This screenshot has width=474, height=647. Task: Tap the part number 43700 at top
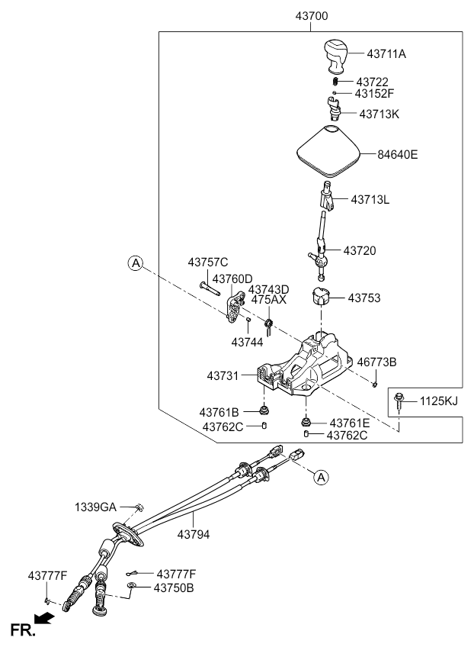(312, 16)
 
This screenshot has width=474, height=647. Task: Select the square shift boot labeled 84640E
(328, 151)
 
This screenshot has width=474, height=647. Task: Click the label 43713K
(380, 114)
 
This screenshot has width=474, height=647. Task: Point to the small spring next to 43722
(336, 82)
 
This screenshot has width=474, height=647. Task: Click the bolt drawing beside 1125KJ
(399, 401)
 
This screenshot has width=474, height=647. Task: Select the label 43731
(223, 376)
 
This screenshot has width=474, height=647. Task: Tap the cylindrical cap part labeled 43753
(320, 296)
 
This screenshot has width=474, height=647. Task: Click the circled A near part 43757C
(135, 262)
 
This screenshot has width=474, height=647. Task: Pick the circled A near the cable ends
(321, 478)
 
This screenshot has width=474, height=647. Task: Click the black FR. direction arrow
(44, 618)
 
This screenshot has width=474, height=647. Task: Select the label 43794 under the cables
(194, 534)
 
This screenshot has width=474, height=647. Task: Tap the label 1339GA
(95, 507)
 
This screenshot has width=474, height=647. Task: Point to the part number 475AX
(269, 300)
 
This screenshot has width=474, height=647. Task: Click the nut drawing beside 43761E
(306, 422)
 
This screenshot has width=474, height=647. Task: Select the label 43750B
(174, 588)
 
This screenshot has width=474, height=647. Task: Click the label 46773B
(376, 362)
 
